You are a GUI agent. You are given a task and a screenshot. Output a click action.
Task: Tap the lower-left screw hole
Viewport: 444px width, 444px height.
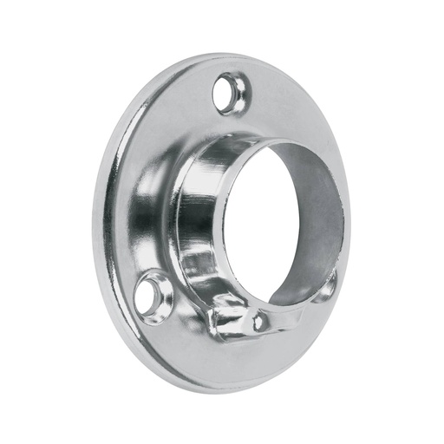pos(157,287)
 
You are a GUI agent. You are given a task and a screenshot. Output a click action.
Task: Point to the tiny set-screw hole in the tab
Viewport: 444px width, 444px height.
pos(257,323)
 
